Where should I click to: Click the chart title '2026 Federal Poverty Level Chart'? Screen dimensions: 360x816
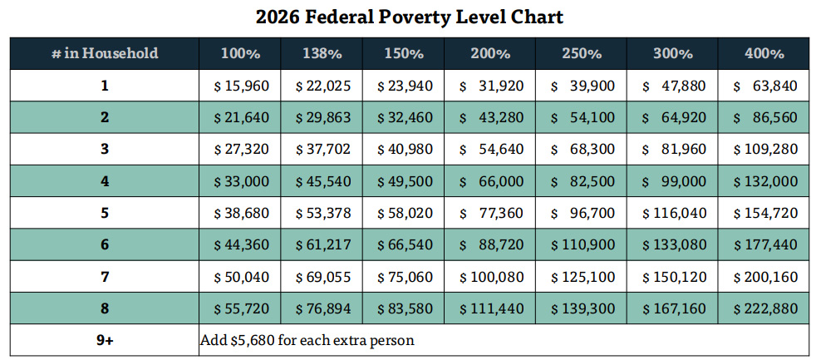408,17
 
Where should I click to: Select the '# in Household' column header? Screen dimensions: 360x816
105,53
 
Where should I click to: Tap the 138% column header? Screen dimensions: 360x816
322,53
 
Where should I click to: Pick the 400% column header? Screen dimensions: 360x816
764,53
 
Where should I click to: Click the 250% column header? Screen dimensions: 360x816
581,53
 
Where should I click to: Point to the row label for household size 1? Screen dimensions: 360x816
105,86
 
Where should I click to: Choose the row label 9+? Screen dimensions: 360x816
105,340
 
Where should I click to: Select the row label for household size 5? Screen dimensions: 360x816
105,213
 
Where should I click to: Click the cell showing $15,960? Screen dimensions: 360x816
240,86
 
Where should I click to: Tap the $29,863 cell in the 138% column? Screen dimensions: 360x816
322,117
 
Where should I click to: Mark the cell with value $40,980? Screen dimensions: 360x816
404,150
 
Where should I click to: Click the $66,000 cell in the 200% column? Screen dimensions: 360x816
489,181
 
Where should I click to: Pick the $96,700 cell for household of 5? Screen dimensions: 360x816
581,213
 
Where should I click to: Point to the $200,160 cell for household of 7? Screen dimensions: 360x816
764,277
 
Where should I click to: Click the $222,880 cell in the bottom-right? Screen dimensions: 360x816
764,308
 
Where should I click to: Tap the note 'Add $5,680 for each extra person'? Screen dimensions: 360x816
307,340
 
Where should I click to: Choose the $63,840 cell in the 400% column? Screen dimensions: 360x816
764,86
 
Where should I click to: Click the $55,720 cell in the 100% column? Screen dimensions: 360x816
240,308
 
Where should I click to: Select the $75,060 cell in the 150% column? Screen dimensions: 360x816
404,277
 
